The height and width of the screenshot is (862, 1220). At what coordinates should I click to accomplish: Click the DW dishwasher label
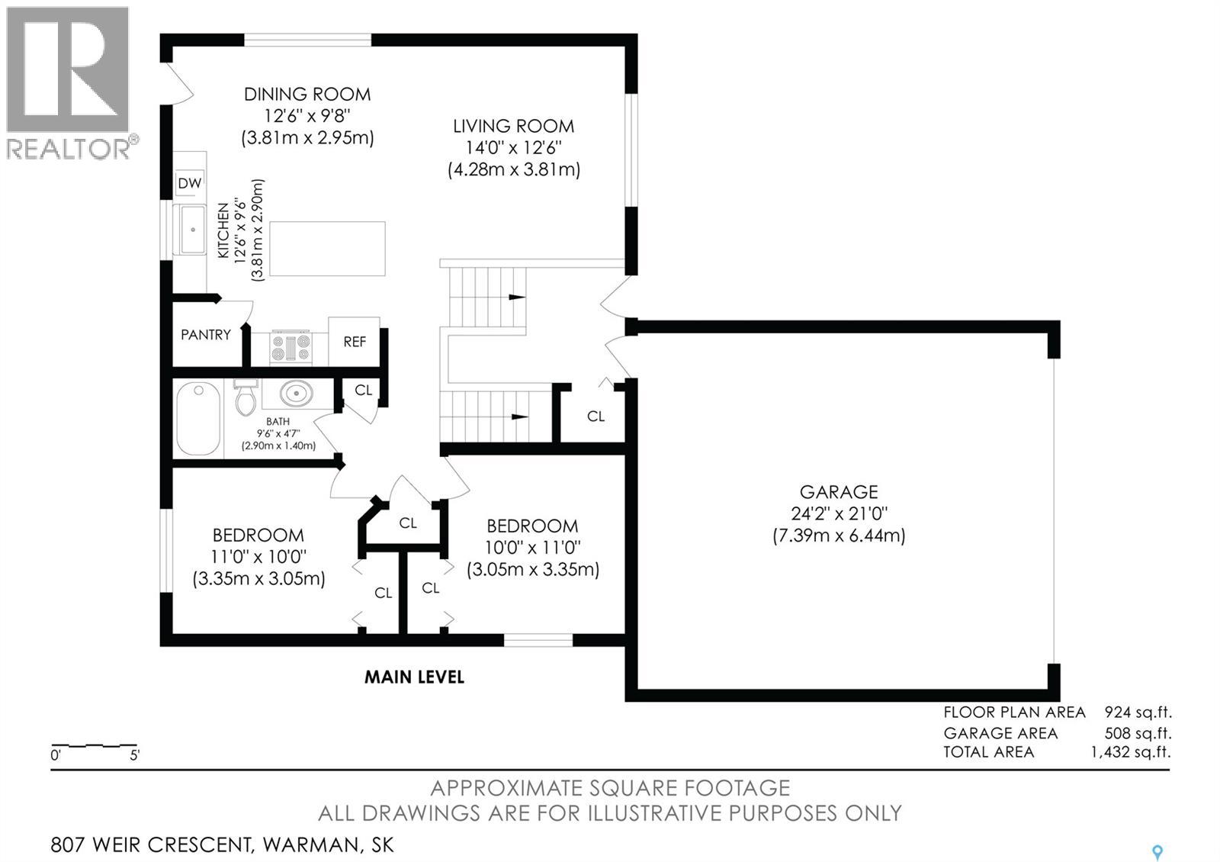(190, 184)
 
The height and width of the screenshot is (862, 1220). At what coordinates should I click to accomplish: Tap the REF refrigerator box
(354, 342)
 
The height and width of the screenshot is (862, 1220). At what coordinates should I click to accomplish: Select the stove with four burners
(291, 348)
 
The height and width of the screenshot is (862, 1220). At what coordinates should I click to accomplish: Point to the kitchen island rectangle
(327, 249)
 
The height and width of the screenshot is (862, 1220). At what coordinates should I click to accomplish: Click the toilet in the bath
(246, 397)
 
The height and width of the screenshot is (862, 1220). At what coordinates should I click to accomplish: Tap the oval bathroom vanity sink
(297, 393)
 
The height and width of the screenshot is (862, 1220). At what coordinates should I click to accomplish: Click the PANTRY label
(206, 335)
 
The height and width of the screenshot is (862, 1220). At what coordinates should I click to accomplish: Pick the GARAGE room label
(839, 492)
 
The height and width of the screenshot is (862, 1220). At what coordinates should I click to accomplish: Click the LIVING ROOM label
(514, 127)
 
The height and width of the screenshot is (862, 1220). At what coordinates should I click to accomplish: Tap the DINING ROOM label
(307, 95)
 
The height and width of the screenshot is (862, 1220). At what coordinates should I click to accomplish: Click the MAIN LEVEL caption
(414, 677)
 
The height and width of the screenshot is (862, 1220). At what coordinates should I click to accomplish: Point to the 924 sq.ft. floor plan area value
(1138, 712)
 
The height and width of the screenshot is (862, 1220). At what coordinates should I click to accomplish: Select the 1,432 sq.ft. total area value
(1131, 752)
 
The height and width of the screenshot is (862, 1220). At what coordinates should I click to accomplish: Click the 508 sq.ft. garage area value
(1138, 733)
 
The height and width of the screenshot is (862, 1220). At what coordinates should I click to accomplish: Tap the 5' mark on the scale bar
(134, 755)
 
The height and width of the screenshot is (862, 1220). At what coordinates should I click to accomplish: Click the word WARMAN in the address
(311, 845)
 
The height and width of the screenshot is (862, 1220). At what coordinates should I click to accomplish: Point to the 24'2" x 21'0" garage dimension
(839, 513)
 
